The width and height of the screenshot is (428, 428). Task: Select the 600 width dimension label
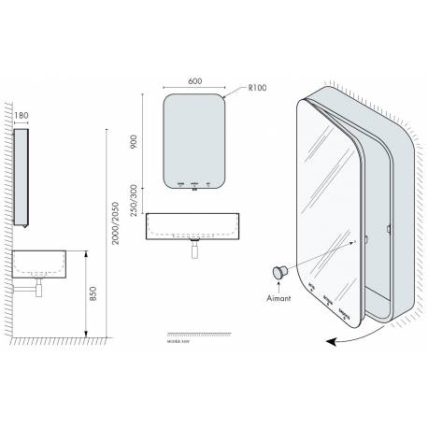coord(194,80)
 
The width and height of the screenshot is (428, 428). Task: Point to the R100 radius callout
coord(259,89)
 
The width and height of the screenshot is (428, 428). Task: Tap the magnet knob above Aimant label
coord(278,271)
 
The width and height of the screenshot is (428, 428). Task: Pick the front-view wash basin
coord(195,224)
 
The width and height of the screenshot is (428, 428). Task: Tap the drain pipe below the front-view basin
coord(195,247)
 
